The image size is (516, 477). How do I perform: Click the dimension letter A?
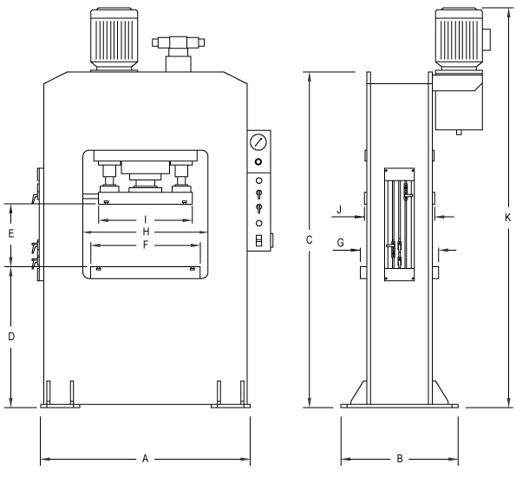[145, 459]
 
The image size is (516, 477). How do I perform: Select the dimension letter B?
[400, 459]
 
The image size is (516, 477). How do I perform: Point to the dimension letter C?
[309, 240]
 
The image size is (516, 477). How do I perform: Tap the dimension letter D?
[11, 337]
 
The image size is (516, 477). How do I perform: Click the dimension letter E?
[11, 233]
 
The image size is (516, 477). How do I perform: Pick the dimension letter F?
[146, 245]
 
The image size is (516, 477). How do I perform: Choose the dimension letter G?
[341, 243]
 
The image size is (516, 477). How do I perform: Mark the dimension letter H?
[146, 232]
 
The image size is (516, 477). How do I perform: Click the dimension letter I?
[146, 219]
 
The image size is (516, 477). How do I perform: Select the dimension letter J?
[340, 209]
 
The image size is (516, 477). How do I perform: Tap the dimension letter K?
[508, 218]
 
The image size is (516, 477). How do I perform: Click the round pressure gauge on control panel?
[258, 142]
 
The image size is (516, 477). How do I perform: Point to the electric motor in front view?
[114, 39]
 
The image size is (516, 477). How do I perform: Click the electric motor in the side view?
[460, 39]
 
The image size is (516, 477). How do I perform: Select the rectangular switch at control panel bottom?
[259, 240]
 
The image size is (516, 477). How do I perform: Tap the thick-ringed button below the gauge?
[258, 162]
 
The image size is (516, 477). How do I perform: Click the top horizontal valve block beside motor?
[178, 42]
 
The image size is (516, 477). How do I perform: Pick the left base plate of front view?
[60, 406]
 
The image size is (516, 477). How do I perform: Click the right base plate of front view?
[231, 406]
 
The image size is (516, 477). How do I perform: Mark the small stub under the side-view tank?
[459, 133]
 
